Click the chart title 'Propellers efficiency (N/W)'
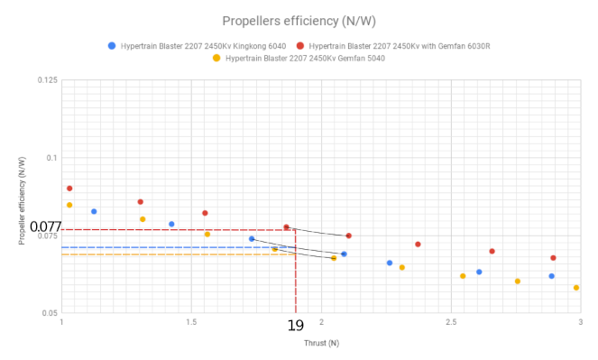tap(299, 20)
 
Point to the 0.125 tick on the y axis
tap(47, 81)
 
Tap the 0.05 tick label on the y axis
tap(49, 313)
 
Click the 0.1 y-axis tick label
tap(51, 159)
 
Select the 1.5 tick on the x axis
tap(190, 322)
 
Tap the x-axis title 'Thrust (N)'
tap(321, 343)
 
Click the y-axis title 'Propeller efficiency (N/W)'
tap(21, 197)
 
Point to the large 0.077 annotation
tap(44, 226)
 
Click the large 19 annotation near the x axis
tap(296, 326)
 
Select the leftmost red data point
tap(69, 189)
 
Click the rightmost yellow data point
tap(576, 288)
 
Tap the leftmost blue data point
tap(94, 211)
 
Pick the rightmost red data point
tap(553, 258)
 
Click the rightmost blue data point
tap(552, 276)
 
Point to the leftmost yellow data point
tap(69, 205)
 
